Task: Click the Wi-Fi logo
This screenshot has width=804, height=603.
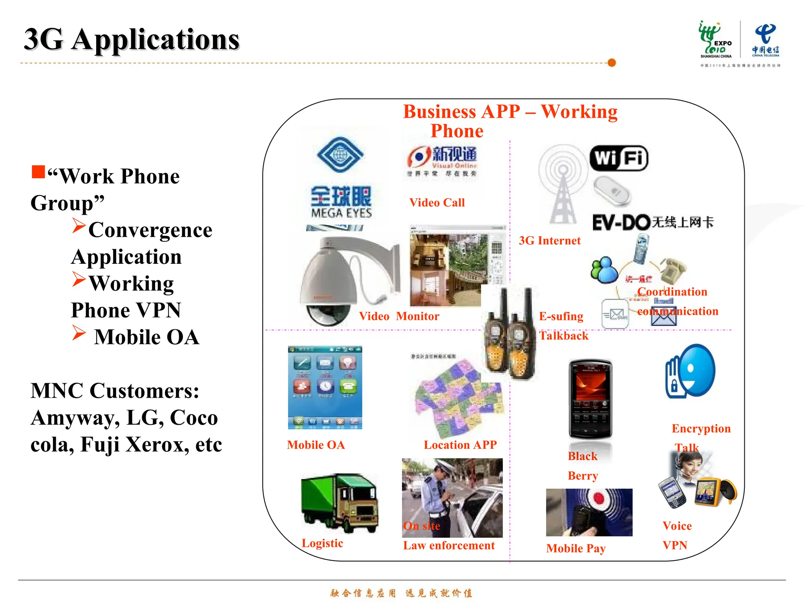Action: (619, 158)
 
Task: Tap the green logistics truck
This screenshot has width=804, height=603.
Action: (340, 502)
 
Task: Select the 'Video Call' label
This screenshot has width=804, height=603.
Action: (437, 203)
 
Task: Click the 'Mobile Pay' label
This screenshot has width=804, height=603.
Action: (576, 548)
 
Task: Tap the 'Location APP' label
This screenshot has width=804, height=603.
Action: (460, 445)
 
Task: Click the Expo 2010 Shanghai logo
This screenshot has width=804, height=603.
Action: (715, 40)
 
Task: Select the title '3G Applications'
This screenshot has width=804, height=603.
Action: (132, 40)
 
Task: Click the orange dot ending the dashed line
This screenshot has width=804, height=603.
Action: (611, 63)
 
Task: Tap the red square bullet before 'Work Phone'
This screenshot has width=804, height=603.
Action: (38, 172)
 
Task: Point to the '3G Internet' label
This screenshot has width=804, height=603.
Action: (550, 241)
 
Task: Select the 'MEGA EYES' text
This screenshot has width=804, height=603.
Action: (342, 213)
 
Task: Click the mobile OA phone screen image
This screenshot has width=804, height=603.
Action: (325, 387)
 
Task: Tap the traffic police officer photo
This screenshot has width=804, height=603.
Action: (452, 497)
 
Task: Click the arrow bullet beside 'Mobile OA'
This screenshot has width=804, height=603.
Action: (79, 333)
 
